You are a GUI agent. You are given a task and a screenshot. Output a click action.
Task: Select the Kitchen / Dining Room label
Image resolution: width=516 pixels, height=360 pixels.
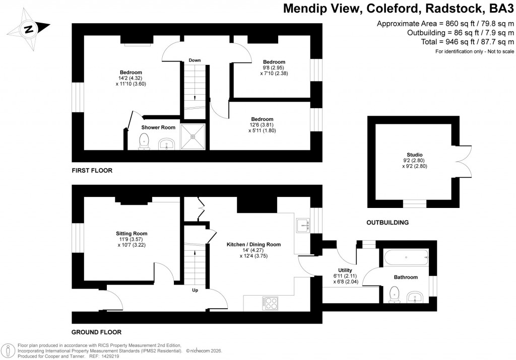(x=253, y=244)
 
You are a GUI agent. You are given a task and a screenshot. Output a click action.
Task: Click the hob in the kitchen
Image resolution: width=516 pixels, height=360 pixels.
(x=270, y=303)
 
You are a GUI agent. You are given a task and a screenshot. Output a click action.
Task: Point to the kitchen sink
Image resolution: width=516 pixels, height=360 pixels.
(x=303, y=225)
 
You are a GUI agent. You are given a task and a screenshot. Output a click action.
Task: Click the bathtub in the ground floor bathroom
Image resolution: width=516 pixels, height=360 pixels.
(x=406, y=258)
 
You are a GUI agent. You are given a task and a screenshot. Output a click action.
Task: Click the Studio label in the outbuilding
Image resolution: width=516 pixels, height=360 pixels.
(x=414, y=155)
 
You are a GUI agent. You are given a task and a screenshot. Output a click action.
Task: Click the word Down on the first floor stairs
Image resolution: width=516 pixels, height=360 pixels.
(x=195, y=60)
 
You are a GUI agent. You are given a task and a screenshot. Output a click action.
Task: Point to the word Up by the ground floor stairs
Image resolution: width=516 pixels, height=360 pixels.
(x=195, y=290)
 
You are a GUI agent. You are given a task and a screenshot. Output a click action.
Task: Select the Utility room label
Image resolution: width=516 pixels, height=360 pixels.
(x=345, y=270)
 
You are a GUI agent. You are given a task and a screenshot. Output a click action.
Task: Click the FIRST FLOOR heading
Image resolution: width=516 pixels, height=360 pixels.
(x=92, y=171)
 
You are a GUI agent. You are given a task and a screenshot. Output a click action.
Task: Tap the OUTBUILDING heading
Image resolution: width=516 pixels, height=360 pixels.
(x=387, y=222)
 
